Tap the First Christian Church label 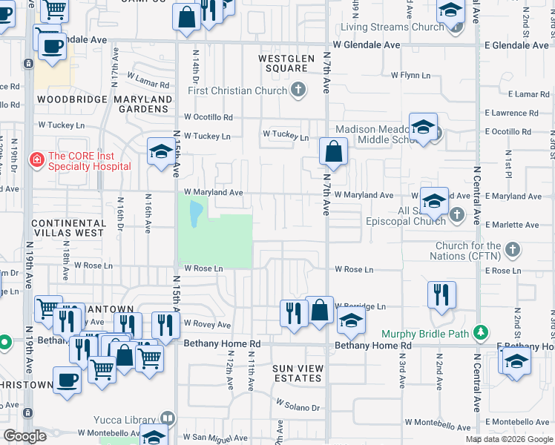click(237, 91)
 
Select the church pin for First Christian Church click(298, 91)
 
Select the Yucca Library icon click(168, 419)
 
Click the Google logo click(24, 436)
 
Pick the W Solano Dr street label click(298, 406)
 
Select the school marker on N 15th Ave click(160, 153)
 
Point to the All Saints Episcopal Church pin click(456, 215)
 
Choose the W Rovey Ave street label click(208, 324)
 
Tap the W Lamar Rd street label click(149, 76)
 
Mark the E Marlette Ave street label click(512, 225)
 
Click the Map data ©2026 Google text click(508, 439)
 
